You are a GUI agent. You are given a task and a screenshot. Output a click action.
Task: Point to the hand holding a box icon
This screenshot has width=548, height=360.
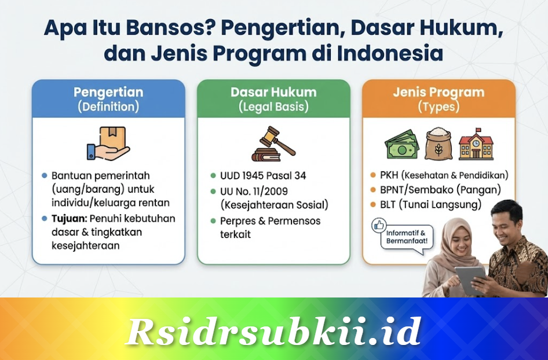[108, 144]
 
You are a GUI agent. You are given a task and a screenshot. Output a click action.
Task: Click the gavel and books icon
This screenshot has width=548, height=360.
[273, 145]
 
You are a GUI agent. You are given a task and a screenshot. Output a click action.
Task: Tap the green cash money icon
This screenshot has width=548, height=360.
[402, 145]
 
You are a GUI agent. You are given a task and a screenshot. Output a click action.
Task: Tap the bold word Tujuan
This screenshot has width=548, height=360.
[67, 219]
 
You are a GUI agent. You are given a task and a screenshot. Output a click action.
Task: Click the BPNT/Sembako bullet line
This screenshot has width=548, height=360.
[440, 189]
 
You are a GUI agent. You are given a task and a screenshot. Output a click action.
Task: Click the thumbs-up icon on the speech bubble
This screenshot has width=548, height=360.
[380, 225]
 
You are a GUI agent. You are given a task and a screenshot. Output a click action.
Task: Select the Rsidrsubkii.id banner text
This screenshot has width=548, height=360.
[273, 331]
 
